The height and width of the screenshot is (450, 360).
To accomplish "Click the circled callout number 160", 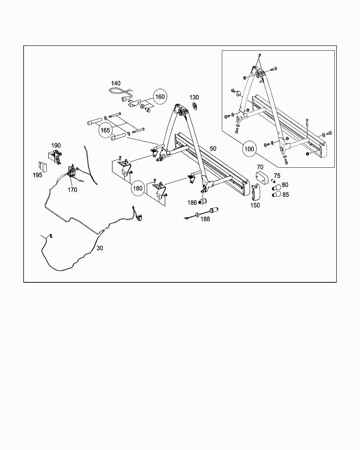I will [160, 97].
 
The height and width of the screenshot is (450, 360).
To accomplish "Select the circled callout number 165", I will [105, 130].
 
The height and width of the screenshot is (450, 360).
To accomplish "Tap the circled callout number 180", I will [137, 188].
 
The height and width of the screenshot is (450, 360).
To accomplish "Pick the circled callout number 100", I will [249, 149].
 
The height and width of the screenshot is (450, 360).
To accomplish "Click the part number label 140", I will [116, 83].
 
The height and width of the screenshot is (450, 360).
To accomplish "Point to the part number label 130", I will [194, 97].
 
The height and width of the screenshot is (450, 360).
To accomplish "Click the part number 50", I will [213, 148].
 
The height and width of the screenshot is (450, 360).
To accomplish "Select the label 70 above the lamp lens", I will [260, 167].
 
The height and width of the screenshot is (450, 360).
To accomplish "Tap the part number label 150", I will [255, 205].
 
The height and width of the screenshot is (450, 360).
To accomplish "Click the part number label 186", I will [192, 202].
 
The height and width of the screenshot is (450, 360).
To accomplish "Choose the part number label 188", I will [205, 219].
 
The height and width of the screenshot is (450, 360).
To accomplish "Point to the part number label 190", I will [56, 145].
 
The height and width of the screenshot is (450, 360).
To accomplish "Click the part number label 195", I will [38, 175].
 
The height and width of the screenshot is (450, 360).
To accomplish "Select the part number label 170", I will [72, 190].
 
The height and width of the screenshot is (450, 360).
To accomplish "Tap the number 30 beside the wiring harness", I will [100, 248].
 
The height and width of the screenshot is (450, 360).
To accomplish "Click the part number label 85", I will [285, 194].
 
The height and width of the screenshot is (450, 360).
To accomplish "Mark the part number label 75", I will [277, 176].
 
